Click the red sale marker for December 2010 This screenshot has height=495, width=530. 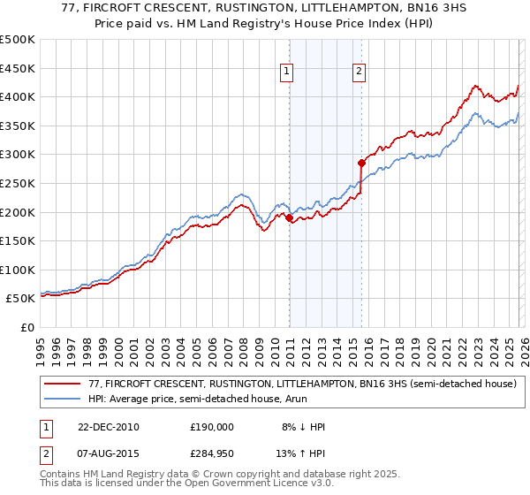click(x=290, y=217)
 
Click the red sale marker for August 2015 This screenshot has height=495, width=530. click(x=361, y=163)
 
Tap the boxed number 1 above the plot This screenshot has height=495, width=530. click(x=288, y=73)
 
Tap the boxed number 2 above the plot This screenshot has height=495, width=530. click(x=360, y=73)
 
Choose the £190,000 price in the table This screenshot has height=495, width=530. click(x=212, y=426)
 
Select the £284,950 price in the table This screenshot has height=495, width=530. click(x=212, y=454)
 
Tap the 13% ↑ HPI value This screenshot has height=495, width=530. click(x=299, y=454)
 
